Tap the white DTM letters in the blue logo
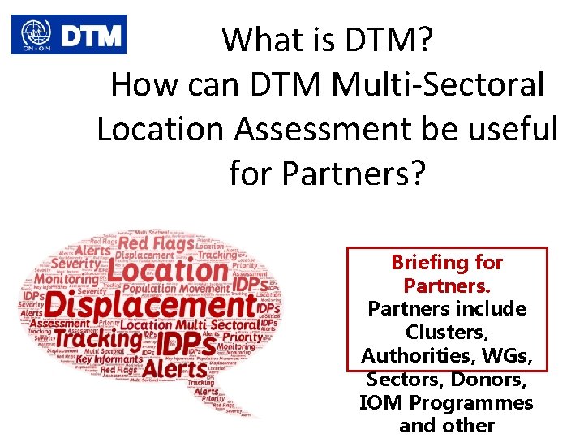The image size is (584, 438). click(x=89, y=35)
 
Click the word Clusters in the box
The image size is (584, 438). click(x=447, y=333)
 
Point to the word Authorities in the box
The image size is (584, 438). click(x=419, y=355)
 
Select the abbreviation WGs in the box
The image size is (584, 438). click(x=510, y=355)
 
